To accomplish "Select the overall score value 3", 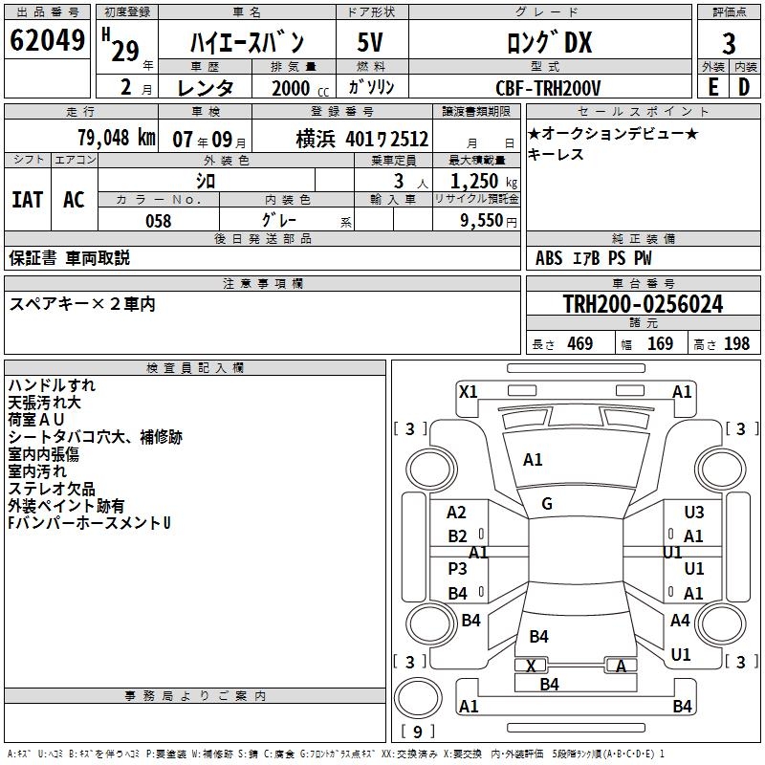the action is tap(729, 44).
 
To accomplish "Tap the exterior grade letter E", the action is tap(712, 87).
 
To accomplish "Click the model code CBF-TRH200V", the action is tap(549, 88).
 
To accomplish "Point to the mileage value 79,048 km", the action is tap(116, 138).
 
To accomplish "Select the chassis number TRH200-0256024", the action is tap(643, 304).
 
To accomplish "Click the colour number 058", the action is tap(158, 221).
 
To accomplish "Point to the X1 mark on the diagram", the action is tap(468, 391).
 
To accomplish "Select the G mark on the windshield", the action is tap(547, 504).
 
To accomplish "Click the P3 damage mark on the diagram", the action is tap(458, 568).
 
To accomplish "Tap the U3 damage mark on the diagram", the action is tap(694, 513).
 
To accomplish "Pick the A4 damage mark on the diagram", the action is tap(680, 621).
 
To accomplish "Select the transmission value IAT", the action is tap(27, 200).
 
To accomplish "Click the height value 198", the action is tap(736, 344).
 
